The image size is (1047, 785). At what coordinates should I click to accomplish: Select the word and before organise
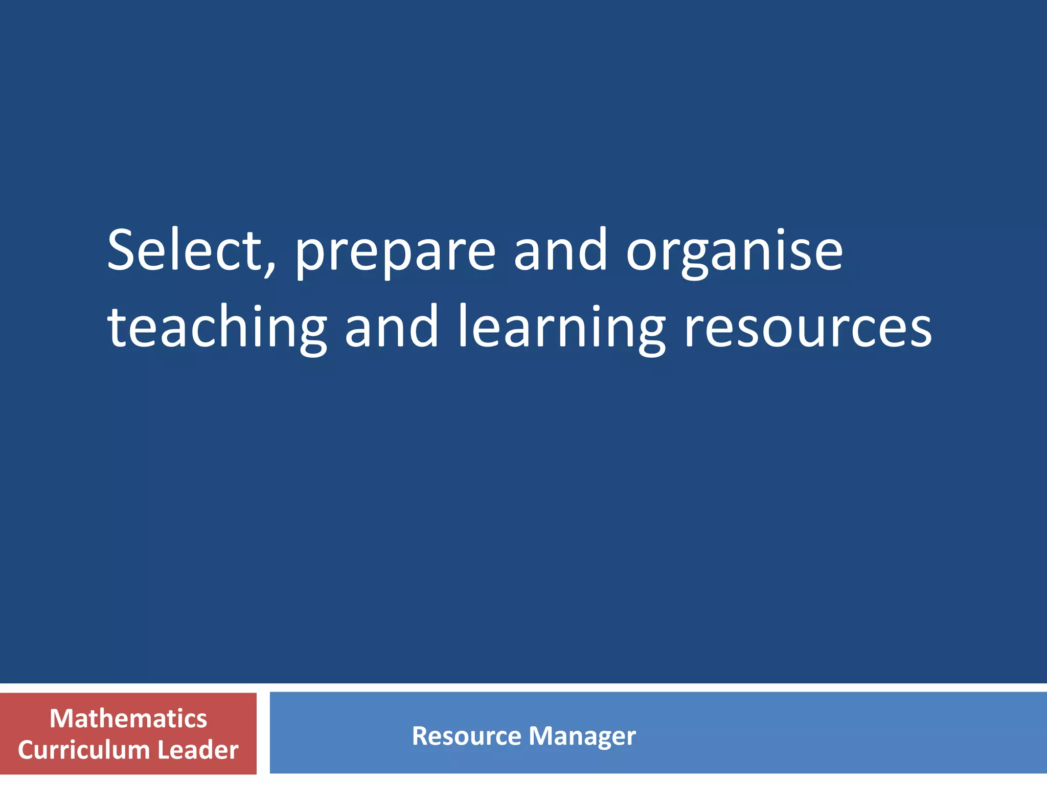(x=560, y=250)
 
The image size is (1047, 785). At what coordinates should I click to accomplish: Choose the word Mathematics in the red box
(x=128, y=719)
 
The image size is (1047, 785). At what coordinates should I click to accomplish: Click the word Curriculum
(x=84, y=750)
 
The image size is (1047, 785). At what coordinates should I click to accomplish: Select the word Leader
(x=198, y=750)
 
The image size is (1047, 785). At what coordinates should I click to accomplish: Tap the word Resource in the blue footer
(x=466, y=736)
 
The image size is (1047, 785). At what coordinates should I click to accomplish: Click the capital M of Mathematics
(x=60, y=719)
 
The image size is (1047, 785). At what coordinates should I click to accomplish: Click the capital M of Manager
(x=541, y=736)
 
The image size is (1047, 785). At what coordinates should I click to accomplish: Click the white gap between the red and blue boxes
(x=263, y=733)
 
